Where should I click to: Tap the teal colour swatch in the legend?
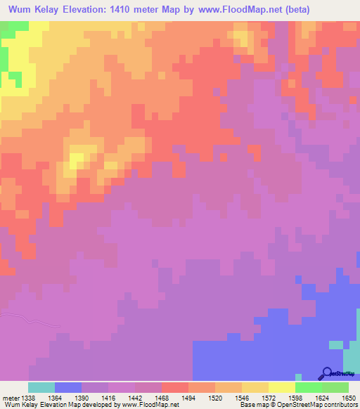(x=41, y=387)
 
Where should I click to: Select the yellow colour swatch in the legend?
(x=282, y=387)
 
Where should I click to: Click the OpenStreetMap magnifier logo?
(x=327, y=374)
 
